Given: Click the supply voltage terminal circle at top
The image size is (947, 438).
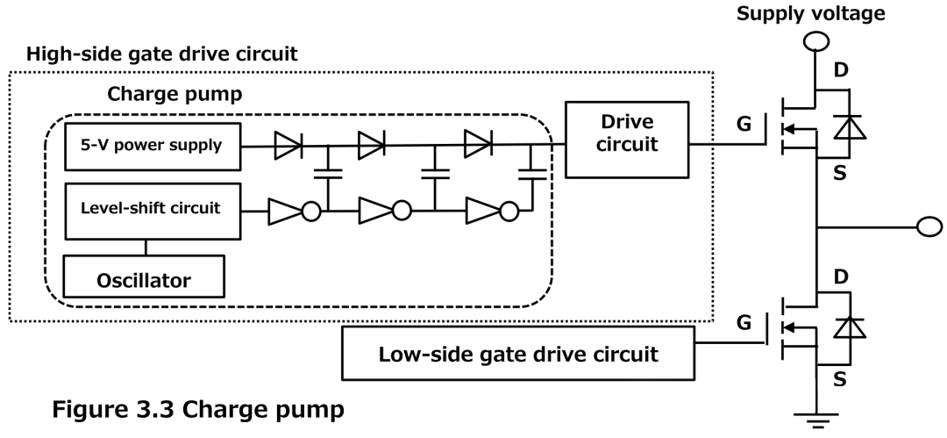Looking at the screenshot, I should pyautogui.click(x=815, y=40).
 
